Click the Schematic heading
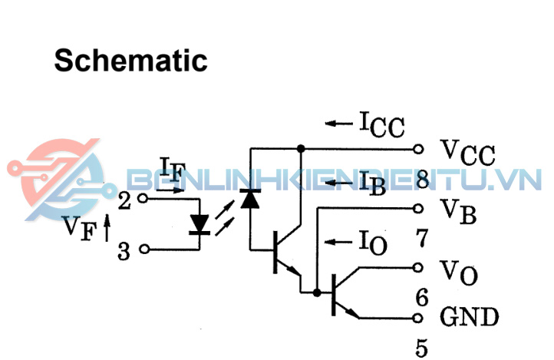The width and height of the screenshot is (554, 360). pyautogui.click(x=130, y=60)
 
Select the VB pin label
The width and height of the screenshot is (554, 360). pyautogui.click(x=458, y=210)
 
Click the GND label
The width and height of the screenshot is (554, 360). pyautogui.click(x=469, y=316)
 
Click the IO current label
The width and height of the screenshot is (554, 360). pyautogui.click(x=372, y=243)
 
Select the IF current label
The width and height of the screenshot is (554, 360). pyautogui.click(x=172, y=168)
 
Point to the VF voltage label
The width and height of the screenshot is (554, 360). pyautogui.click(x=77, y=228)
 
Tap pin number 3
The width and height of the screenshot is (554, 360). pyautogui.click(x=124, y=251)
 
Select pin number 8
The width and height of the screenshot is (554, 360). pyautogui.click(x=421, y=180)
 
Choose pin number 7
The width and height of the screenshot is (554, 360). pyautogui.click(x=421, y=239)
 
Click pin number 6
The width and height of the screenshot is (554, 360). pyautogui.click(x=421, y=296)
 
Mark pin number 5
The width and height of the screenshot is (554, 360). pyautogui.click(x=422, y=348)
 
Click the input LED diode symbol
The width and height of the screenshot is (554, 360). pyautogui.click(x=201, y=223)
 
